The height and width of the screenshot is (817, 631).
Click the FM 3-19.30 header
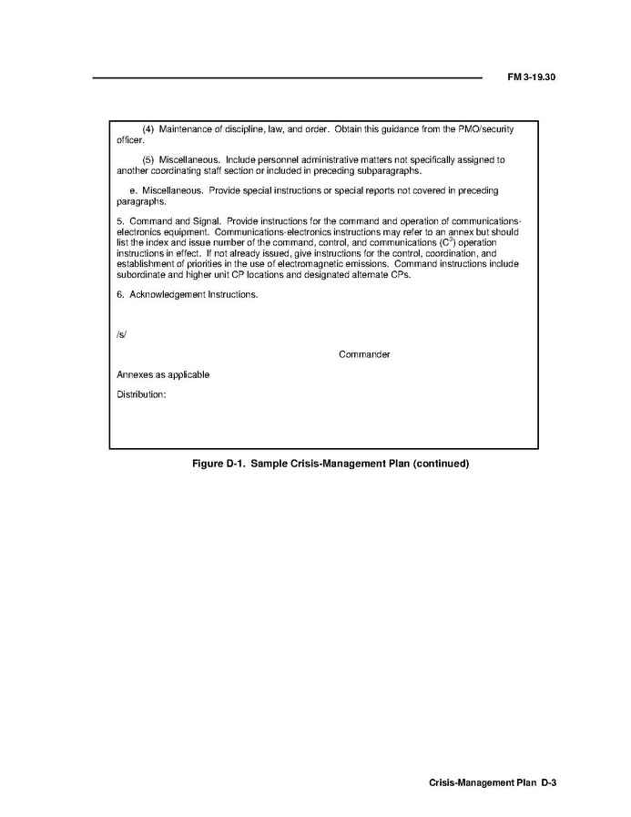pyautogui.click(x=531, y=77)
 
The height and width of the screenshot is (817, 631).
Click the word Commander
pyautogui.click(x=364, y=354)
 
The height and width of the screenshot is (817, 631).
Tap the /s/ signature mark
pyautogui.click(x=121, y=333)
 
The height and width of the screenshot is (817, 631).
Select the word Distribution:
pyautogui.click(x=141, y=394)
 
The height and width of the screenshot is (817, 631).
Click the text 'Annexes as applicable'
pyautogui.click(x=163, y=374)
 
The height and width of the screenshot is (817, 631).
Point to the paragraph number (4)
pyautogui.click(x=149, y=130)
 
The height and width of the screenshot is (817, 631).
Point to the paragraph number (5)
pyautogui.click(x=149, y=160)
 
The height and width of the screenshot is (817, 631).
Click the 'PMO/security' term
pyautogui.click(x=485, y=130)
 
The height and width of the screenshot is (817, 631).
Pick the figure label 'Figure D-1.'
pyautogui.click(x=218, y=464)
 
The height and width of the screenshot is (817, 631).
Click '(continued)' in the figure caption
pyautogui.click(x=441, y=464)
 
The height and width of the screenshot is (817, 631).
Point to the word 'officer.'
pyautogui.click(x=130, y=140)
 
